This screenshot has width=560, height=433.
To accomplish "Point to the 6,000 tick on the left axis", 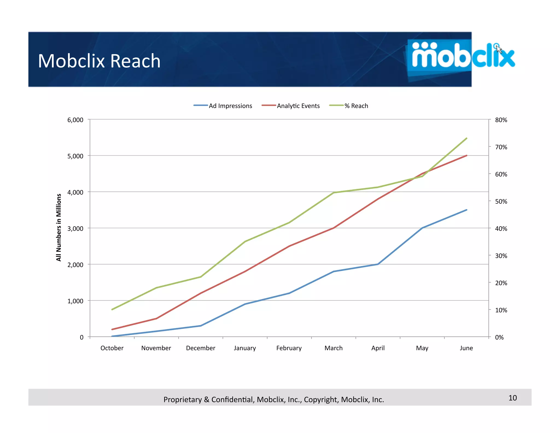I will click(x=75, y=120).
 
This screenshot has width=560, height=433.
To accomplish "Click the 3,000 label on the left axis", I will click(x=75, y=229).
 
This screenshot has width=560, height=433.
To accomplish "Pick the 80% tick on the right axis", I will click(x=501, y=120).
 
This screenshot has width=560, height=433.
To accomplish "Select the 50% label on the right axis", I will click(x=501, y=201).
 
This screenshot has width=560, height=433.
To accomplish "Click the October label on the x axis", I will click(x=112, y=348).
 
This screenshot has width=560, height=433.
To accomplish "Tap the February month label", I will click(x=289, y=348).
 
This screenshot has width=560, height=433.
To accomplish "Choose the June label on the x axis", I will click(x=466, y=348).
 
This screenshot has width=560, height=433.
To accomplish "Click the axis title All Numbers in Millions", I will click(x=59, y=227).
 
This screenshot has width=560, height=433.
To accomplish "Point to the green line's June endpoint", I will click(x=466, y=138).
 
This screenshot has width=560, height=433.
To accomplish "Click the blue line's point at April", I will click(x=378, y=264).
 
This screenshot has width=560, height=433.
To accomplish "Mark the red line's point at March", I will click(x=334, y=228).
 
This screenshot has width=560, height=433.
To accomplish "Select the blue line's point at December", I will click(x=201, y=326).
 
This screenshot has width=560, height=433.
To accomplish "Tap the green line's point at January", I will click(x=245, y=241).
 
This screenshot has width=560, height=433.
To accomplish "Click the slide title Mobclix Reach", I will click(x=99, y=61).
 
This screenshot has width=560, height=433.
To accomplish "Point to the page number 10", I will click(x=512, y=398).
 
